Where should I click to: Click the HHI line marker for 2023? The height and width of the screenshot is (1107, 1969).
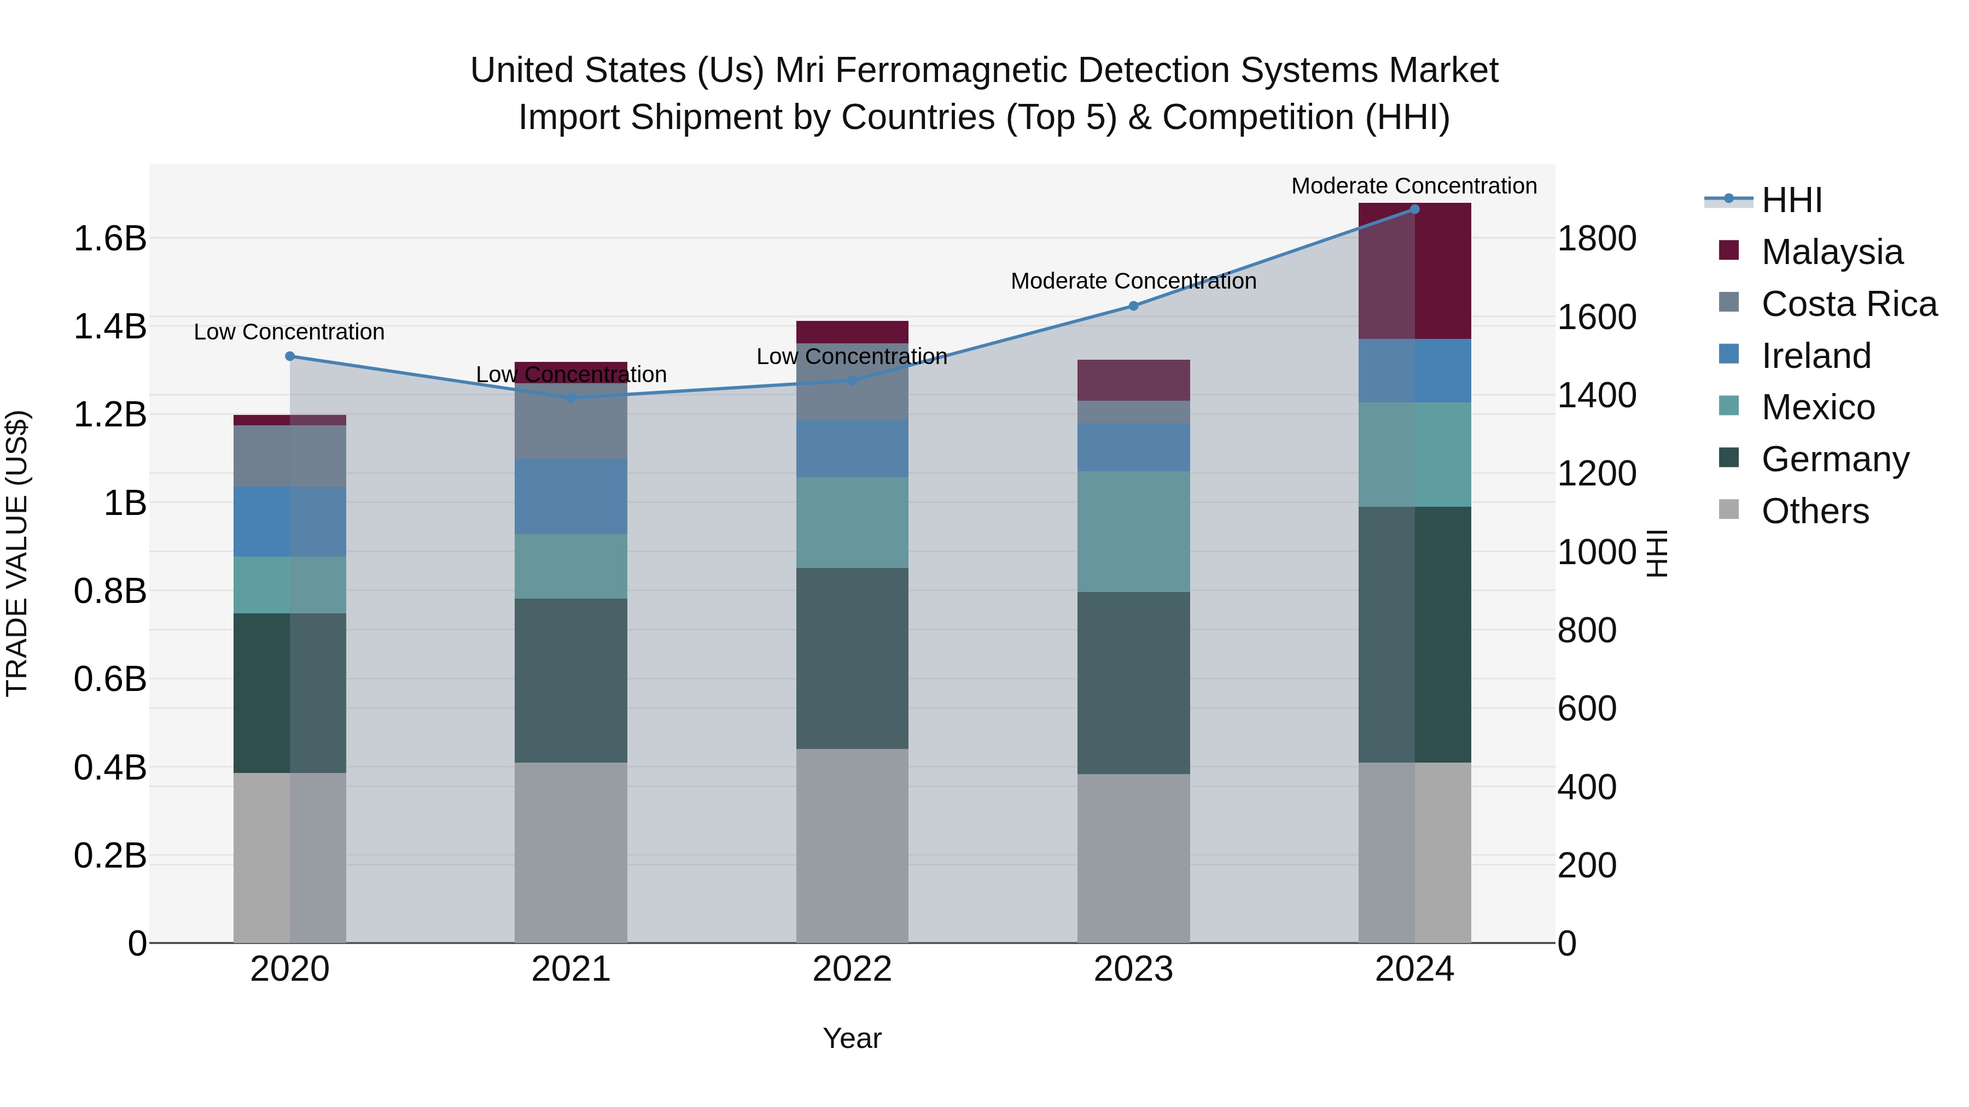(1134, 306)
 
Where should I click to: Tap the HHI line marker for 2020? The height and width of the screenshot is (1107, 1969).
(290, 356)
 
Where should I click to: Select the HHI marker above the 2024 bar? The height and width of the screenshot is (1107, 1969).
(1414, 209)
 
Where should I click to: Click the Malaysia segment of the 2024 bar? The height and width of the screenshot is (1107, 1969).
(1414, 271)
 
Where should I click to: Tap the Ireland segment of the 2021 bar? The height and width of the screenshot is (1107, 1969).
(571, 496)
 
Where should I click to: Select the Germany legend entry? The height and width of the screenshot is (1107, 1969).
(1834, 459)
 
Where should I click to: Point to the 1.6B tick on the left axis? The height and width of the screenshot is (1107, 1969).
(110, 239)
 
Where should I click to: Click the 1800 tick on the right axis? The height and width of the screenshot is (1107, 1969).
(1597, 239)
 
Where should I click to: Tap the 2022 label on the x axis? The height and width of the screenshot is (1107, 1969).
(852, 969)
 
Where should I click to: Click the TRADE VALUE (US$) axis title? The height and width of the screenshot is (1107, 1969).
(18, 553)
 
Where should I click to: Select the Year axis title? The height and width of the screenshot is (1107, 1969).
(852, 1038)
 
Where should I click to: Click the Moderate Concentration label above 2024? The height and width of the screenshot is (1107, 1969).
(1414, 186)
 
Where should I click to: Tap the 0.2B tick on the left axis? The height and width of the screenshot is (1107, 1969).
(110, 856)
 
